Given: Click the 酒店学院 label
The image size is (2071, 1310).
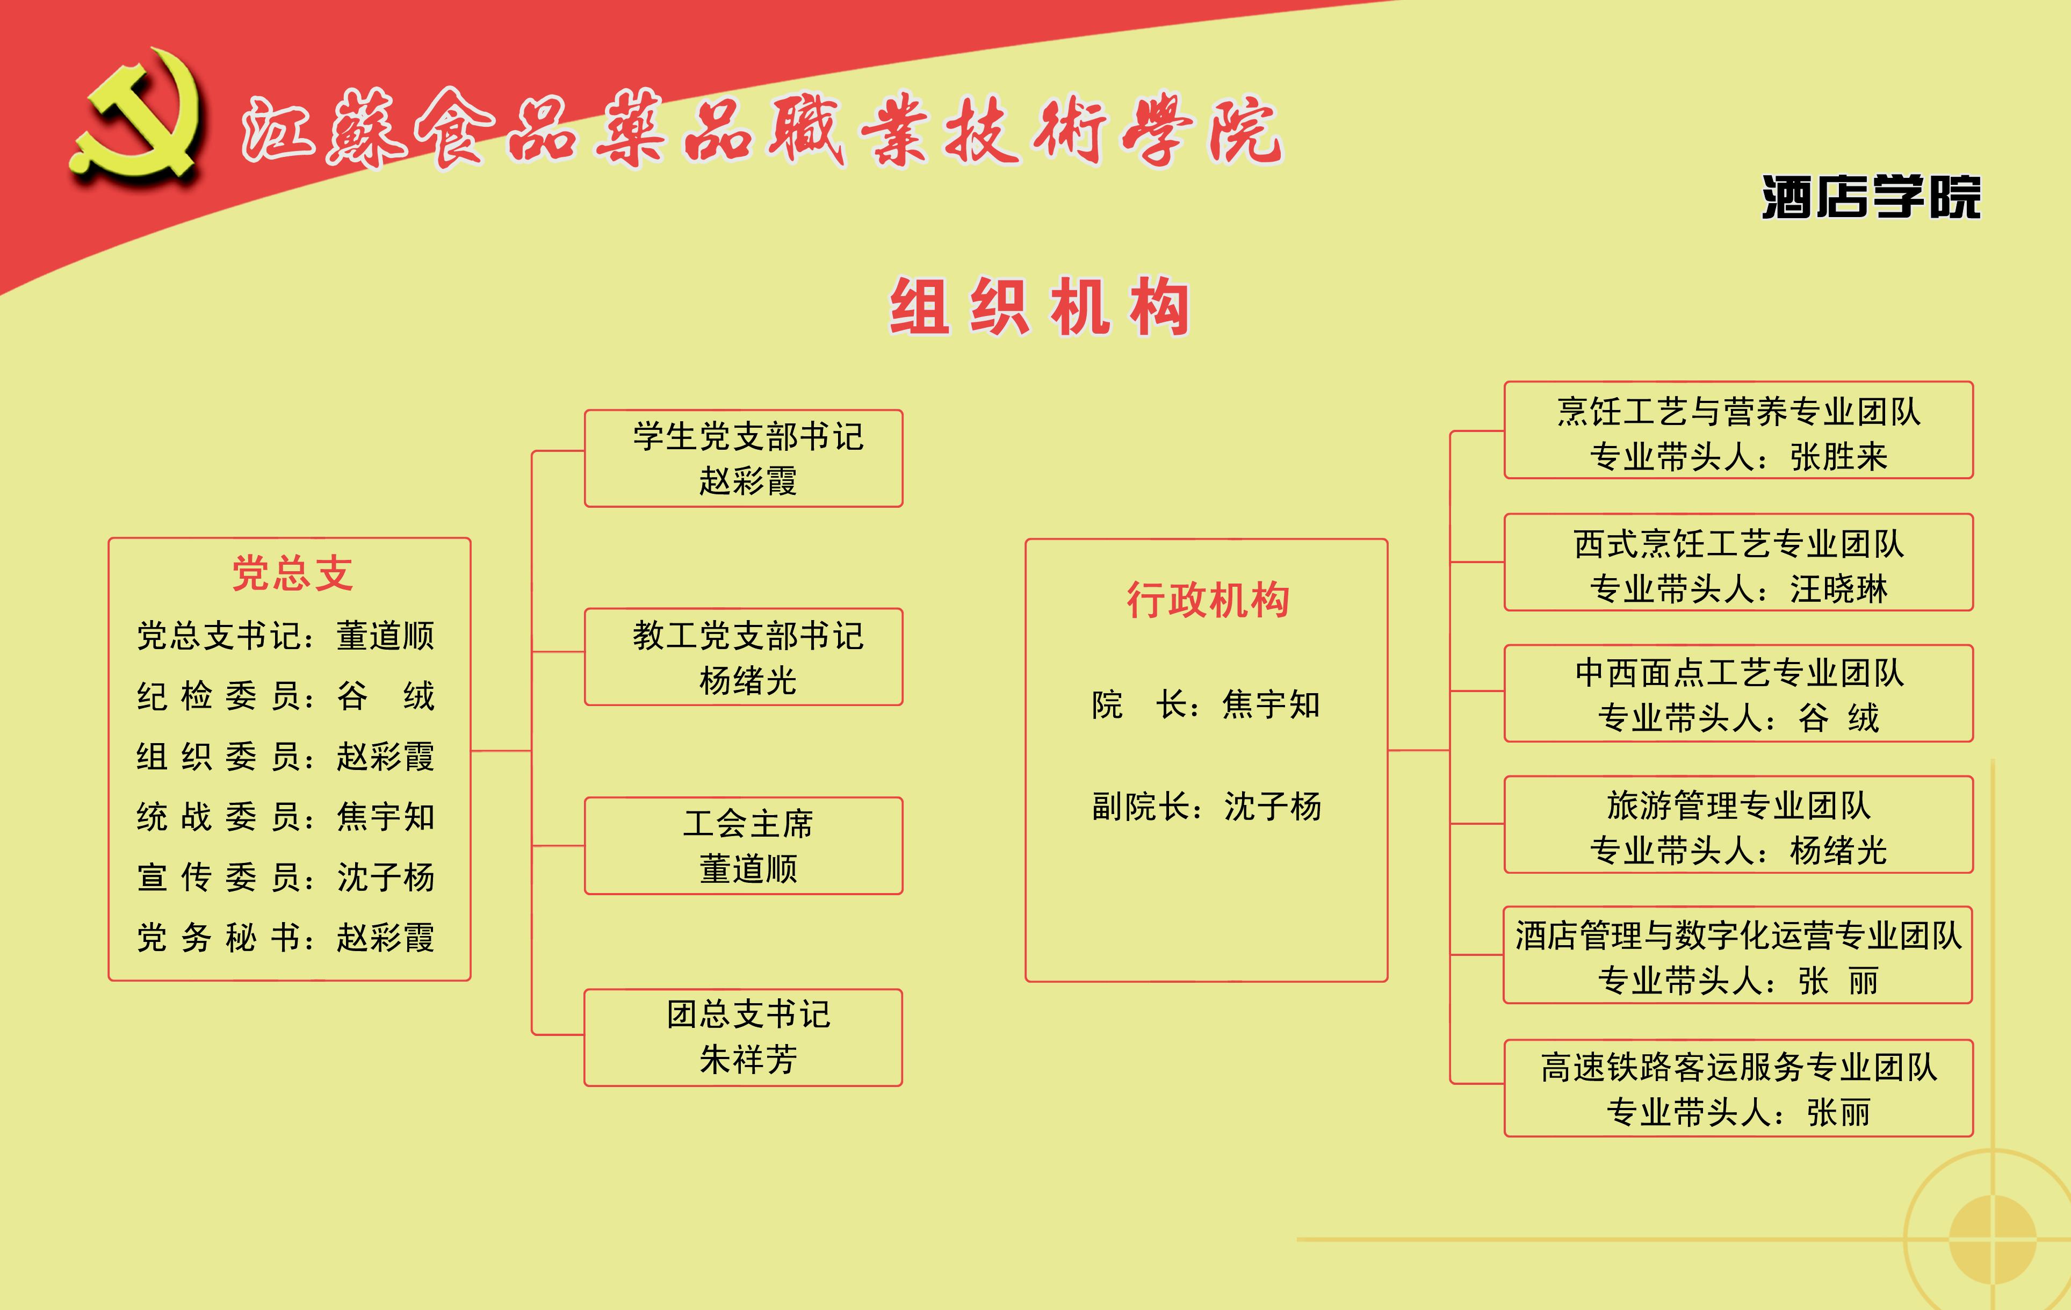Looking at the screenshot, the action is [1871, 197].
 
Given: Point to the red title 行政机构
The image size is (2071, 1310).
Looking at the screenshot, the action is [1208, 600].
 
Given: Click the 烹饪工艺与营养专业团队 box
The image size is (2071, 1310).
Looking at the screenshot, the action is [1738, 430].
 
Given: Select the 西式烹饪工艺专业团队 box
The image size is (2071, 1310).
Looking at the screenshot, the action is [1738, 563].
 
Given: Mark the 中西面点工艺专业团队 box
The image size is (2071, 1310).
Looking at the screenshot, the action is [1738, 693].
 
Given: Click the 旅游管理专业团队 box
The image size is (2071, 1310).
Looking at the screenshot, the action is [1738, 825].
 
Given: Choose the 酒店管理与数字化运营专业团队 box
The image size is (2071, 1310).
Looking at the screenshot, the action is [1737, 955].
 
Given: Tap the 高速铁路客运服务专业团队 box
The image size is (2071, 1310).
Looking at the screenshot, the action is [1738, 1088].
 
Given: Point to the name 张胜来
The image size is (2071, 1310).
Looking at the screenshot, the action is [1839, 457].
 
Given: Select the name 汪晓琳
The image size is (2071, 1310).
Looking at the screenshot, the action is [1839, 589].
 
